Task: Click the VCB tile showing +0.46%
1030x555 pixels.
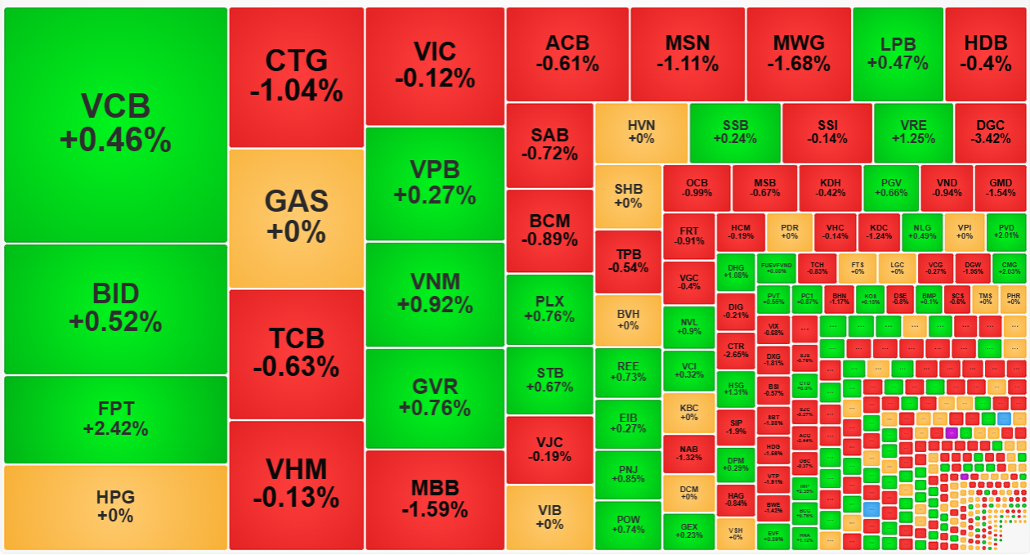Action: [115, 124]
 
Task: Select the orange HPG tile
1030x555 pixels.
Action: [115, 507]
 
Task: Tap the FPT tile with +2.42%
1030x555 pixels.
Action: [115, 418]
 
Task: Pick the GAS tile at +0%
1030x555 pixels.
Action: [296, 217]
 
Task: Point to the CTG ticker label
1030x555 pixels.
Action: [296, 60]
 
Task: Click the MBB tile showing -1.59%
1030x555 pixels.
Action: [435, 499]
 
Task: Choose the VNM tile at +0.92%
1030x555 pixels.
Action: [435, 293]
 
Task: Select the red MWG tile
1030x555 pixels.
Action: [798, 54]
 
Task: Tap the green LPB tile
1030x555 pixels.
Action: [898, 54]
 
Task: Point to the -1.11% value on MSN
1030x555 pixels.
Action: [687, 64]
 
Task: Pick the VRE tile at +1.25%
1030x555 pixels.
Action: [912, 132]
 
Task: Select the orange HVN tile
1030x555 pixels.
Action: [641, 132]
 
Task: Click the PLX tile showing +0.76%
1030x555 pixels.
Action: [549, 309]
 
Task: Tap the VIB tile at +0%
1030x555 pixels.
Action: [549, 517]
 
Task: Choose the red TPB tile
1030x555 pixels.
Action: [627, 261]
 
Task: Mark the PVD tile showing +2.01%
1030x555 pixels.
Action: [1006, 232]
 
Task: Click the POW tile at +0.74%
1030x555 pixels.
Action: [627, 525]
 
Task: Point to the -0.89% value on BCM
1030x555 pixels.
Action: [549, 239]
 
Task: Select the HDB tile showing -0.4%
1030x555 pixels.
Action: [985, 54]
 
